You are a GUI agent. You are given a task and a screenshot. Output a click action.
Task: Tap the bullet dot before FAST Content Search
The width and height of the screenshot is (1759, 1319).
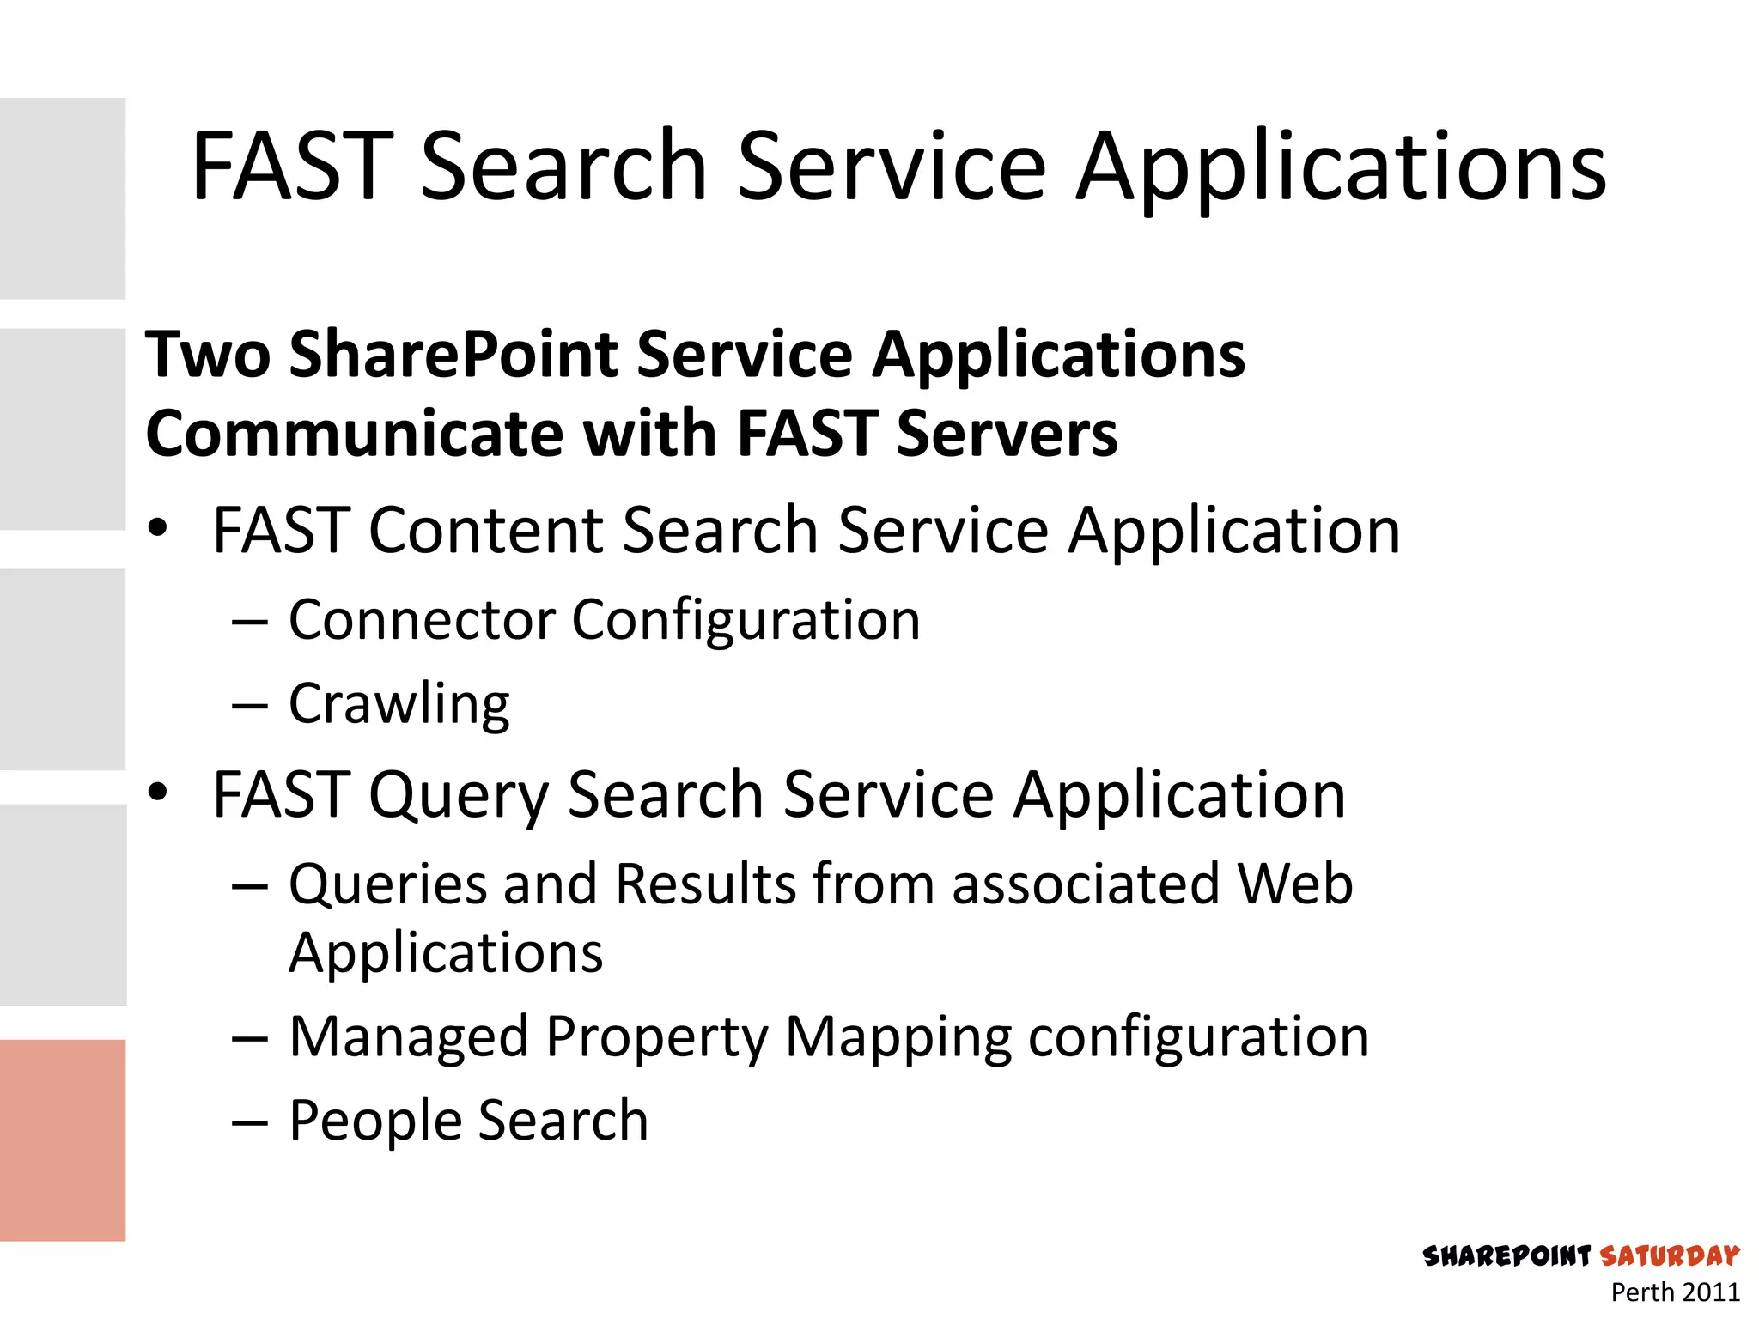[x=157, y=528]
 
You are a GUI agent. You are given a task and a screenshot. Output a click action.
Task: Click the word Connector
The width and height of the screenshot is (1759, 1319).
[x=421, y=619]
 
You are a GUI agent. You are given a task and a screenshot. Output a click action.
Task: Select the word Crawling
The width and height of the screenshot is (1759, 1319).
[x=399, y=704]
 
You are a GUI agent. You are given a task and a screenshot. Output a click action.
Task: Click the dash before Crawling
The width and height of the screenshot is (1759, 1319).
[x=250, y=706]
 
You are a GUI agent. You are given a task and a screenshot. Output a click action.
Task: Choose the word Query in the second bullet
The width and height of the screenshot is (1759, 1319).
[x=459, y=794]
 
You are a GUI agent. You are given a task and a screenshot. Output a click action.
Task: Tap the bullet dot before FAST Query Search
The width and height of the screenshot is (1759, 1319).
[x=157, y=792]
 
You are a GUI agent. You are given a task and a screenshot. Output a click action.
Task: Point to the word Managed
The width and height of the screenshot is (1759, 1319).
[x=408, y=1036]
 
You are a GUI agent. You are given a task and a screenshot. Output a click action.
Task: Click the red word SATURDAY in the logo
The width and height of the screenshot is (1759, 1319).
[x=1669, y=1256]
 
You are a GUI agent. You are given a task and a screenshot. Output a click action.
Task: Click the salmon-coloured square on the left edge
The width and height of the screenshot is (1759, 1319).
[x=63, y=1140]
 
